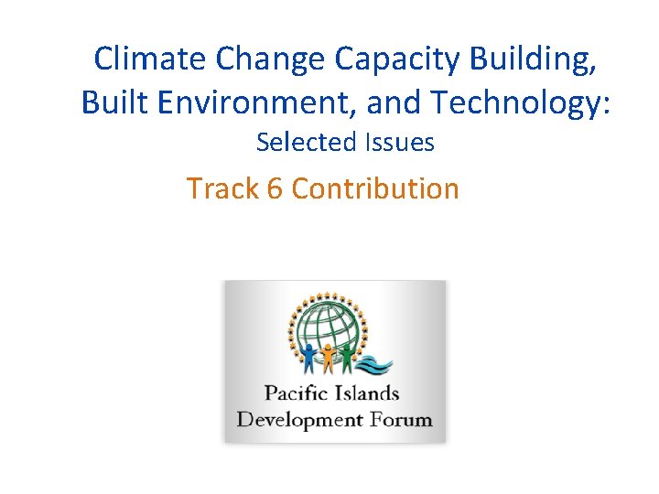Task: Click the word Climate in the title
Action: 151,59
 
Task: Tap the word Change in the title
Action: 272,59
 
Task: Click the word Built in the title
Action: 112,102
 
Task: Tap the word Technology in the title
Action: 518,102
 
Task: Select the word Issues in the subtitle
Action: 399,143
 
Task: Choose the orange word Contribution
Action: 375,188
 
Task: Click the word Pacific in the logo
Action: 295,394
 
